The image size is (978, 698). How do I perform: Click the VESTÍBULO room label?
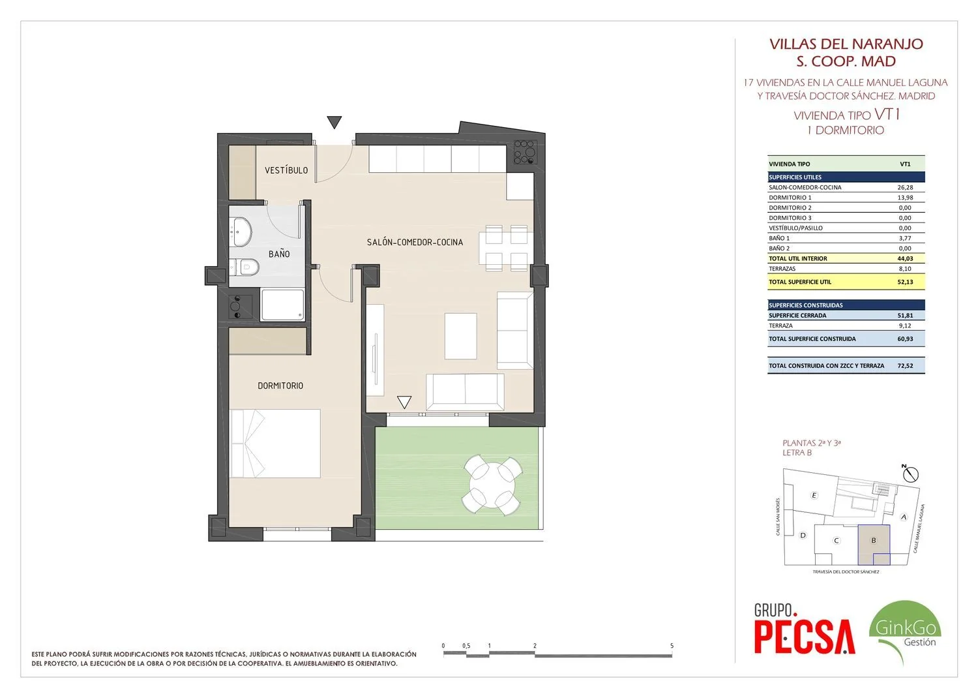click(286, 170)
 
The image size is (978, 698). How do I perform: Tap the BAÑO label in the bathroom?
click(279, 253)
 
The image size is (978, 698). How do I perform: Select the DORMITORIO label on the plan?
click(280, 386)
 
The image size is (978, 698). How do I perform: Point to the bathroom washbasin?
click(241, 232)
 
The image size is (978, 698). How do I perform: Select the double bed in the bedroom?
click(276, 444)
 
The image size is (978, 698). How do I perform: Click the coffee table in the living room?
click(460, 336)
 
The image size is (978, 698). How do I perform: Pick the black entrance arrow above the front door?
click(334, 122)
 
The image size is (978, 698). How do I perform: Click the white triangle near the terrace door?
click(404, 402)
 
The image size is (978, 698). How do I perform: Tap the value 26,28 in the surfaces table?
click(905, 187)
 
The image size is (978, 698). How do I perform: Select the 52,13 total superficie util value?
click(905, 282)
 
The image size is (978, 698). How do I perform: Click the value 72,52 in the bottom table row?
click(905, 365)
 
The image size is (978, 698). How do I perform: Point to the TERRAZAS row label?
click(782, 269)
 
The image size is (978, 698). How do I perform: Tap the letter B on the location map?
click(874, 541)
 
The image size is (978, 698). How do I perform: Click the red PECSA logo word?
click(805, 637)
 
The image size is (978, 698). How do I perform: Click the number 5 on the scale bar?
click(672, 646)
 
